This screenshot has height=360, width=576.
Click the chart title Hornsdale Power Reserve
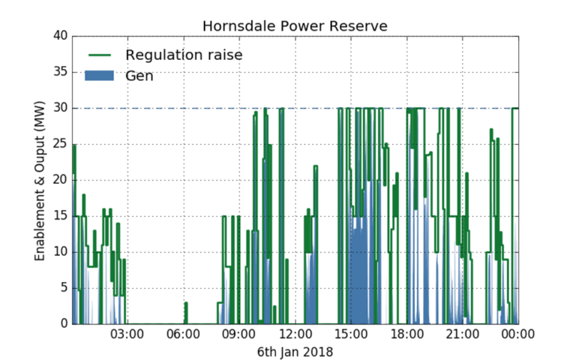[x=295, y=26]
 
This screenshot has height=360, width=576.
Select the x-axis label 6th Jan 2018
[x=295, y=351]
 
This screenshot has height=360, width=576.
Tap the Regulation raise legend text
[x=184, y=55]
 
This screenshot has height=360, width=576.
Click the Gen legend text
[x=139, y=75]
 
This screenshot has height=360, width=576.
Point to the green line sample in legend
[x=100, y=55]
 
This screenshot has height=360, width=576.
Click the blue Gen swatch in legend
[x=100, y=75]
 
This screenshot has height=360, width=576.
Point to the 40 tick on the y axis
[x=59, y=36]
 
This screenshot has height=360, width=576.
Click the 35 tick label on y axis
[x=59, y=72]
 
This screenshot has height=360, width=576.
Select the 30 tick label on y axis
[x=59, y=108]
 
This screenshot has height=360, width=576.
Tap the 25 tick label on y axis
[x=59, y=144]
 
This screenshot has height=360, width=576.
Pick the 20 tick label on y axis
[x=59, y=180]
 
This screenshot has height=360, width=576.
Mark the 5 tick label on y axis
[x=63, y=288]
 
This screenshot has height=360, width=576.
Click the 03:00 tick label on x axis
[x=127, y=335]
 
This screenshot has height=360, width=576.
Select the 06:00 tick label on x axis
[x=184, y=335]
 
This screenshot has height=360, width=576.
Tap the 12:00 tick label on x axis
[x=295, y=335]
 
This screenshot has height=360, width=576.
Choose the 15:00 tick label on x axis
[x=351, y=335]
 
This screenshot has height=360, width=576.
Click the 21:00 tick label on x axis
[x=462, y=335]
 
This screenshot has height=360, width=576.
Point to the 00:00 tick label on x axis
[x=517, y=335]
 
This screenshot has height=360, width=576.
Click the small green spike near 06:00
[x=185, y=311]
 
